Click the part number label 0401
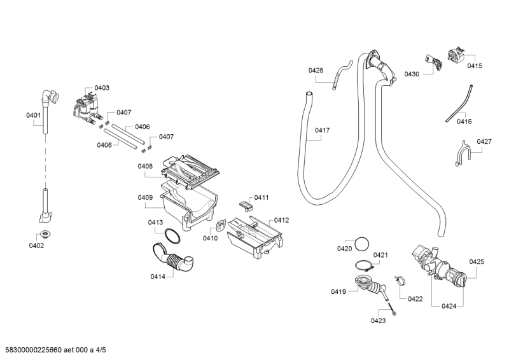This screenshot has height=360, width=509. tap(34, 115)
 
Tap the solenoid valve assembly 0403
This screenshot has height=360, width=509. tap(87, 109)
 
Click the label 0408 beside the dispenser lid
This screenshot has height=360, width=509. tap(145, 166)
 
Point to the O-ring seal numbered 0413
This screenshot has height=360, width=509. tap(172, 237)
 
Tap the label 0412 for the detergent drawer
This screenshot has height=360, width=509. tap(281, 221)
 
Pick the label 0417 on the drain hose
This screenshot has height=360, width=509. tap(323, 130)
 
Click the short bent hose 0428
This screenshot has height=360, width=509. tap(342, 73)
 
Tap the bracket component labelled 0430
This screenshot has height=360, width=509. tap(434, 63)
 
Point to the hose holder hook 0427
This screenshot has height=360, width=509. tap(462, 154)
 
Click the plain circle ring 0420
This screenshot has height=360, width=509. tap(362, 244)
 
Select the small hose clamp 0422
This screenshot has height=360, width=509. tap(400, 280)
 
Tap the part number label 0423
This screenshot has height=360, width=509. tap(378, 321)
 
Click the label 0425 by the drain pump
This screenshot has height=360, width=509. tap(477, 261)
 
